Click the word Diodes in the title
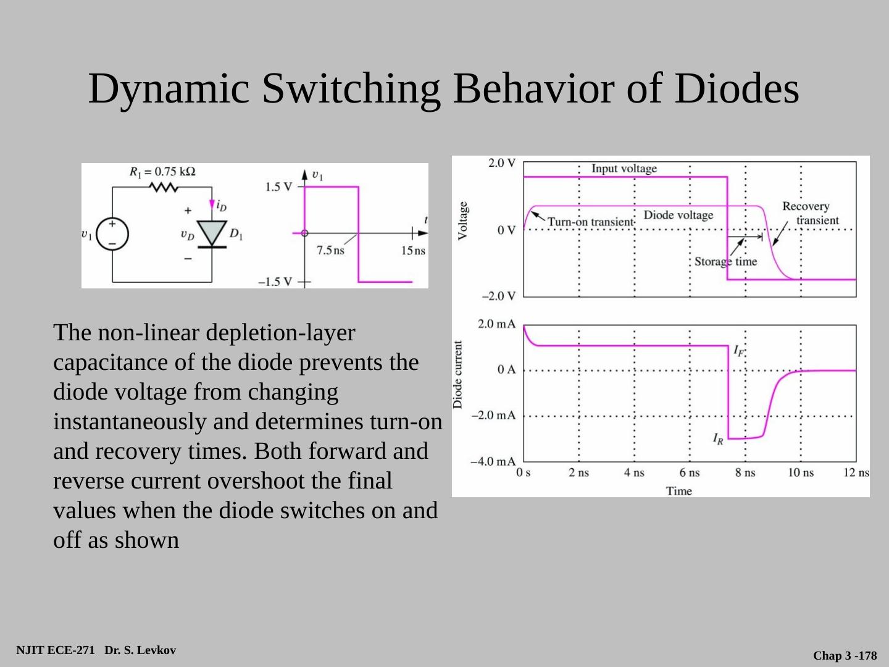(737, 88)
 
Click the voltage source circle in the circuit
(112, 235)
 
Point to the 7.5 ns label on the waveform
(330, 251)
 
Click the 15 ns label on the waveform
(413, 251)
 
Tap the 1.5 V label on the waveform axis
(278, 187)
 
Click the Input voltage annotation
(624, 169)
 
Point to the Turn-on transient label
(591, 222)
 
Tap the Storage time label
(725, 261)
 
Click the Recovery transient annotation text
(809, 213)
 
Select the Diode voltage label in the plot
(678, 215)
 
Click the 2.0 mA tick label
(496, 324)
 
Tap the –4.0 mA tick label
(493, 461)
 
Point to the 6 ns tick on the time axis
(690, 472)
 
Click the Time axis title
(678, 491)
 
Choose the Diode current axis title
(458, 375)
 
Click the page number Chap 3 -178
(845, 656)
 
